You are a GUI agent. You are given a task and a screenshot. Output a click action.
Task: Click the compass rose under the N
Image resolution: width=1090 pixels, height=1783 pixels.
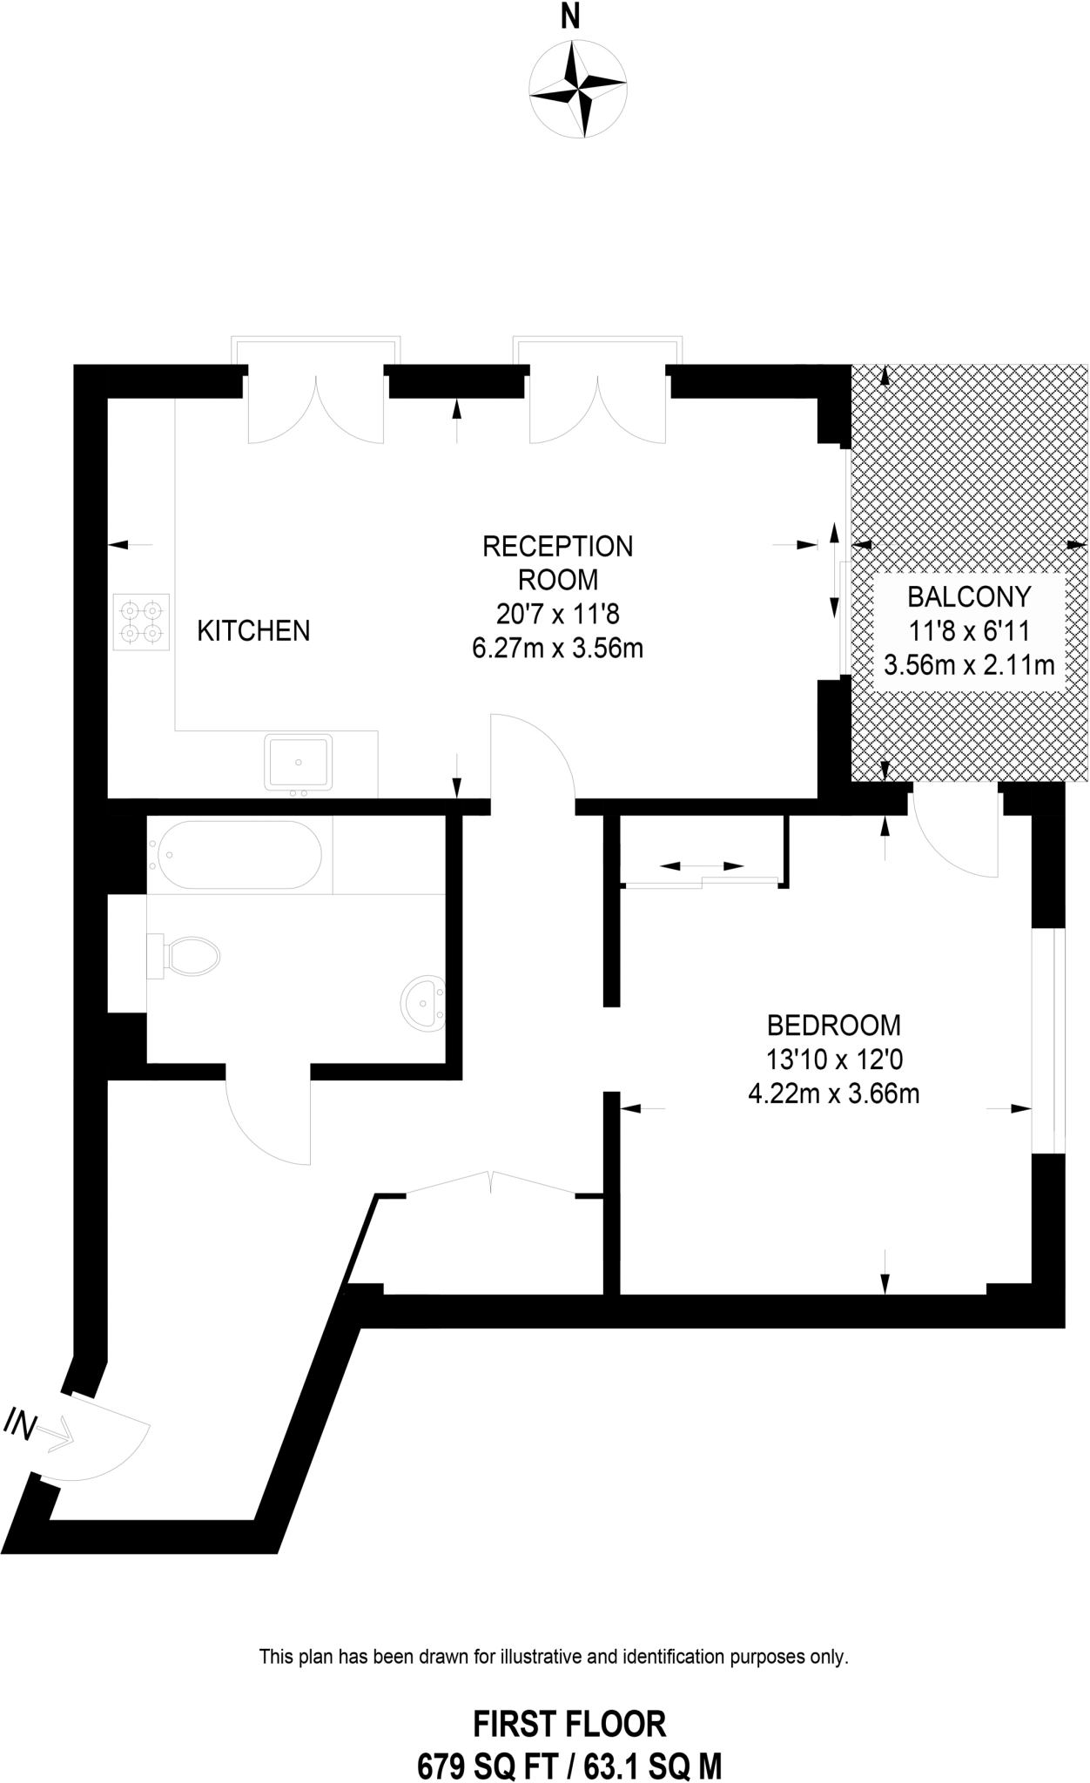(579, 89)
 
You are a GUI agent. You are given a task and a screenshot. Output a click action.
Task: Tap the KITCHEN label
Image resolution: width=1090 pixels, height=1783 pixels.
(253, 630)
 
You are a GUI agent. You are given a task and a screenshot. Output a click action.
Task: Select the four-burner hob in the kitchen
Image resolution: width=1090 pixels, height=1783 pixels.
(141, 622)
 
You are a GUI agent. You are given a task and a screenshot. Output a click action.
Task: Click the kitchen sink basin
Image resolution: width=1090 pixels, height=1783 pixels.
(299, 761)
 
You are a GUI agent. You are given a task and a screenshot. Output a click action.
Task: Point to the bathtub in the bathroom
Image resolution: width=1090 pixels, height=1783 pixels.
(236, 854)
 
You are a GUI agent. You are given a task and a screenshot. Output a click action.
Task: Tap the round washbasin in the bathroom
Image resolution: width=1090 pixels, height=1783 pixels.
(423, 1004)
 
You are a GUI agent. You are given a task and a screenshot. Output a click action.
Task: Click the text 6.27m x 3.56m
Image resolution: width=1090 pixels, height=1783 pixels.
(557, 648)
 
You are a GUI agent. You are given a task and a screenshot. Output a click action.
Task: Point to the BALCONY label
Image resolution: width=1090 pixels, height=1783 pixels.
(969, 596)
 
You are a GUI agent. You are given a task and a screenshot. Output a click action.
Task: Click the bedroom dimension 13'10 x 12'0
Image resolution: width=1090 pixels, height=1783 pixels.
(833, 1060)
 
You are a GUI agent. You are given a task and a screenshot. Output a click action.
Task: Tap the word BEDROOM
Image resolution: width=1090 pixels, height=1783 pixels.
(833, 1026)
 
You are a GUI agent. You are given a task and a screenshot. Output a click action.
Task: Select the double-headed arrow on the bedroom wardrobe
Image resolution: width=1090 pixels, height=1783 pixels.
(702, 866)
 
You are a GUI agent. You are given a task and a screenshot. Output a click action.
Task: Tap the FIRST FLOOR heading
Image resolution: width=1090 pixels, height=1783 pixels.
(569, 1724)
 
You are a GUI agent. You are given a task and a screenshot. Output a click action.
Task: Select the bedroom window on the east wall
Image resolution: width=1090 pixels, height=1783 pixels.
(1047, 1041)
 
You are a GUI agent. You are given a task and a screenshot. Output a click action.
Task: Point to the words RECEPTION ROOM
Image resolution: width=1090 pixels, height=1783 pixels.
(558, 562)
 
